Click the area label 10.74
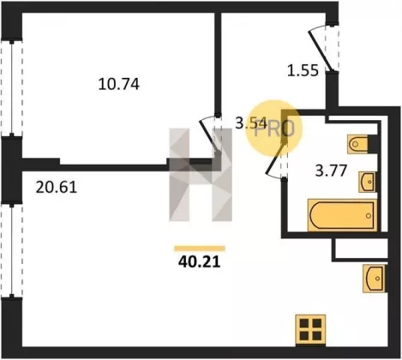(x=118, y=84)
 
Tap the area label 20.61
(x=57, y=188)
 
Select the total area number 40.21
(x=200, y=261)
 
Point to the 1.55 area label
(x=303, y=70)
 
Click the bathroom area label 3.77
(x=331, y=171)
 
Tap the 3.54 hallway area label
(x=251, y=123)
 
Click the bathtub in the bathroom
(x=342, y=215)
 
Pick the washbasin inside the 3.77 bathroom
(x=368, y=182)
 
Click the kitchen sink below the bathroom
(x=374, y=279)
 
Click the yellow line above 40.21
(x=200, y=249)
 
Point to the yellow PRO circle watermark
(x=274, y=129)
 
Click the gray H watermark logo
(x=201, y=175)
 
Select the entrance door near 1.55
(x=321, y=51)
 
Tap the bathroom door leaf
(x=276, y=159)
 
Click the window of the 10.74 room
(x=12, y=88)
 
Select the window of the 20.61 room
(x=12, y=250)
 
